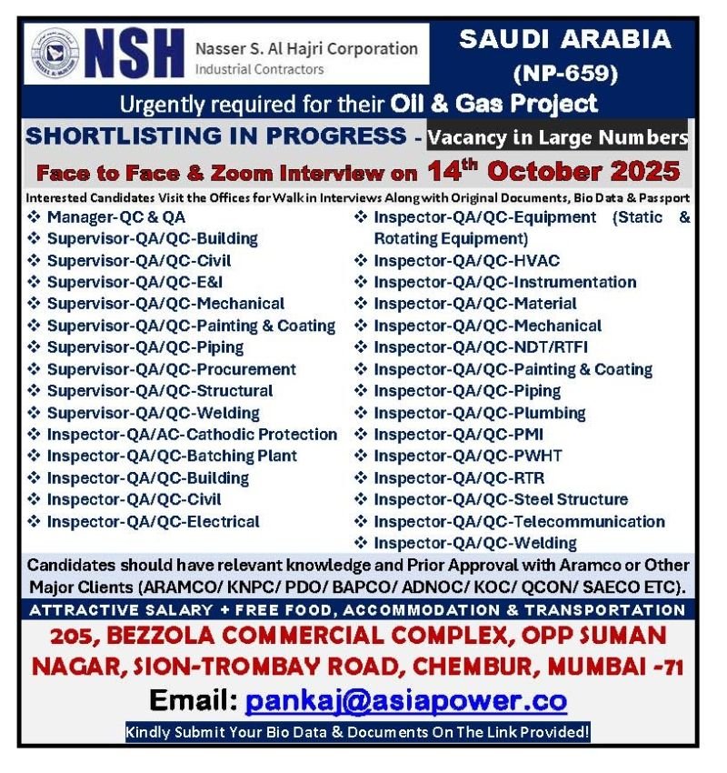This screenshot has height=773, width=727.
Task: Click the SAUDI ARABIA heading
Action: coord(565,40)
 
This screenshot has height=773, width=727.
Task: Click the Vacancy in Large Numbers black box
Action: coord(557,137)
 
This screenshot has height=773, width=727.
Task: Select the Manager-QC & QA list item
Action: coord(116,216)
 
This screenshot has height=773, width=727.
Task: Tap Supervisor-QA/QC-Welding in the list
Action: coord(153,412)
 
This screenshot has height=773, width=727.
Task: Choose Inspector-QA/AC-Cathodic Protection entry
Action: coord(192,434)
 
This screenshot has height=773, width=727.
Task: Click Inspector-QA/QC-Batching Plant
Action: coord(172,456)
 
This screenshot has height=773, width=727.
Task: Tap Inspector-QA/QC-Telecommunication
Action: coord(519,521)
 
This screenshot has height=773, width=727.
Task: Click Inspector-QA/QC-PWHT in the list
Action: coord(468,456)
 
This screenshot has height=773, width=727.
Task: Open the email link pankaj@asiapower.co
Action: coord(406,701)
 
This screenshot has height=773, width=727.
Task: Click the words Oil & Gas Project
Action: coord(494,103)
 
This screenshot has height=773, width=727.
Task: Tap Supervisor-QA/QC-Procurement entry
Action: coord(171,368)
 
